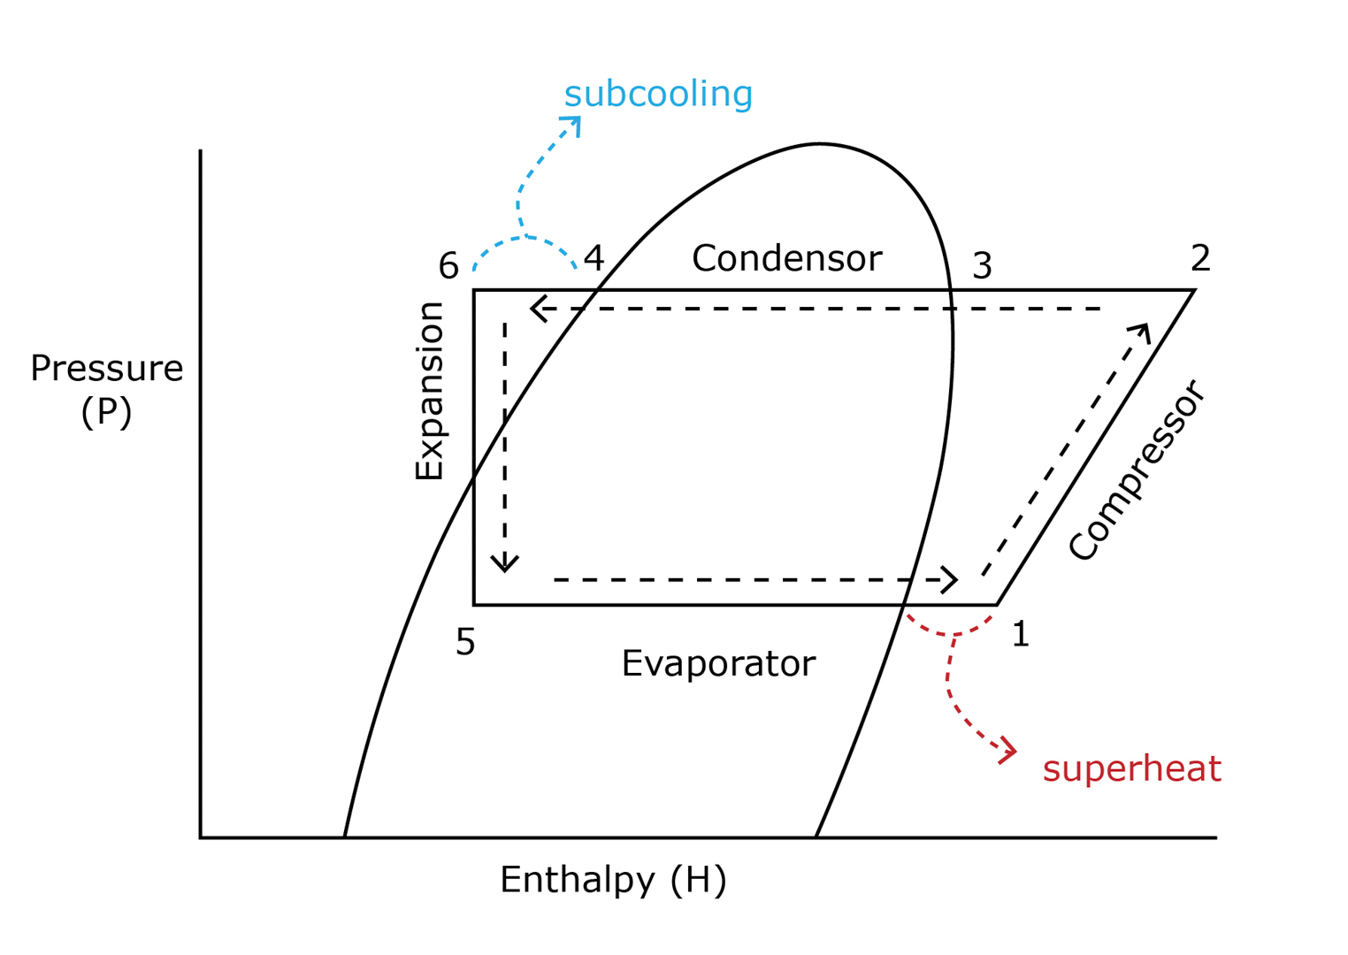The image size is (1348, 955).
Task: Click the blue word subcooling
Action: [658, 94]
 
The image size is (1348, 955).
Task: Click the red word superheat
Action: [1131, 768]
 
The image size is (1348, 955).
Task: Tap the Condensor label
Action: [786, 258]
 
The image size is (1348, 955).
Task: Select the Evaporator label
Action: [718, 663]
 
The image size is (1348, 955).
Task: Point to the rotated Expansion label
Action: [430, 390]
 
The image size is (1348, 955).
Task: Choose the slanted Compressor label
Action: [1136, 470]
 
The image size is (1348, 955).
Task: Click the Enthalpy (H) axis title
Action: [613, 880]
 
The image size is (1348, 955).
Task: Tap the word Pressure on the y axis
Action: [107, 368]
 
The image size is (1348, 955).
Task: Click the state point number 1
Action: [1020, 634]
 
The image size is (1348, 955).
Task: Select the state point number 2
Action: [1199, 258]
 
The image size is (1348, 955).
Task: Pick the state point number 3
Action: [982, 265]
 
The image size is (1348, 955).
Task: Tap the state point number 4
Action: [594, 258]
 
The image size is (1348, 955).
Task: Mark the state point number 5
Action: [465, 642]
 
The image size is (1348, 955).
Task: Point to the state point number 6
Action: [448, 265]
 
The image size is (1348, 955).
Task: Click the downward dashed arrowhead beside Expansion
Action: [505, 564]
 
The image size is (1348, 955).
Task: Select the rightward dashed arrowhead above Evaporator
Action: [950, 580]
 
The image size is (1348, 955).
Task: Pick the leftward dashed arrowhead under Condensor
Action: [538, 309]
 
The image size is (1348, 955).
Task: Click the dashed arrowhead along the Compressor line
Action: [1142, 332]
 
